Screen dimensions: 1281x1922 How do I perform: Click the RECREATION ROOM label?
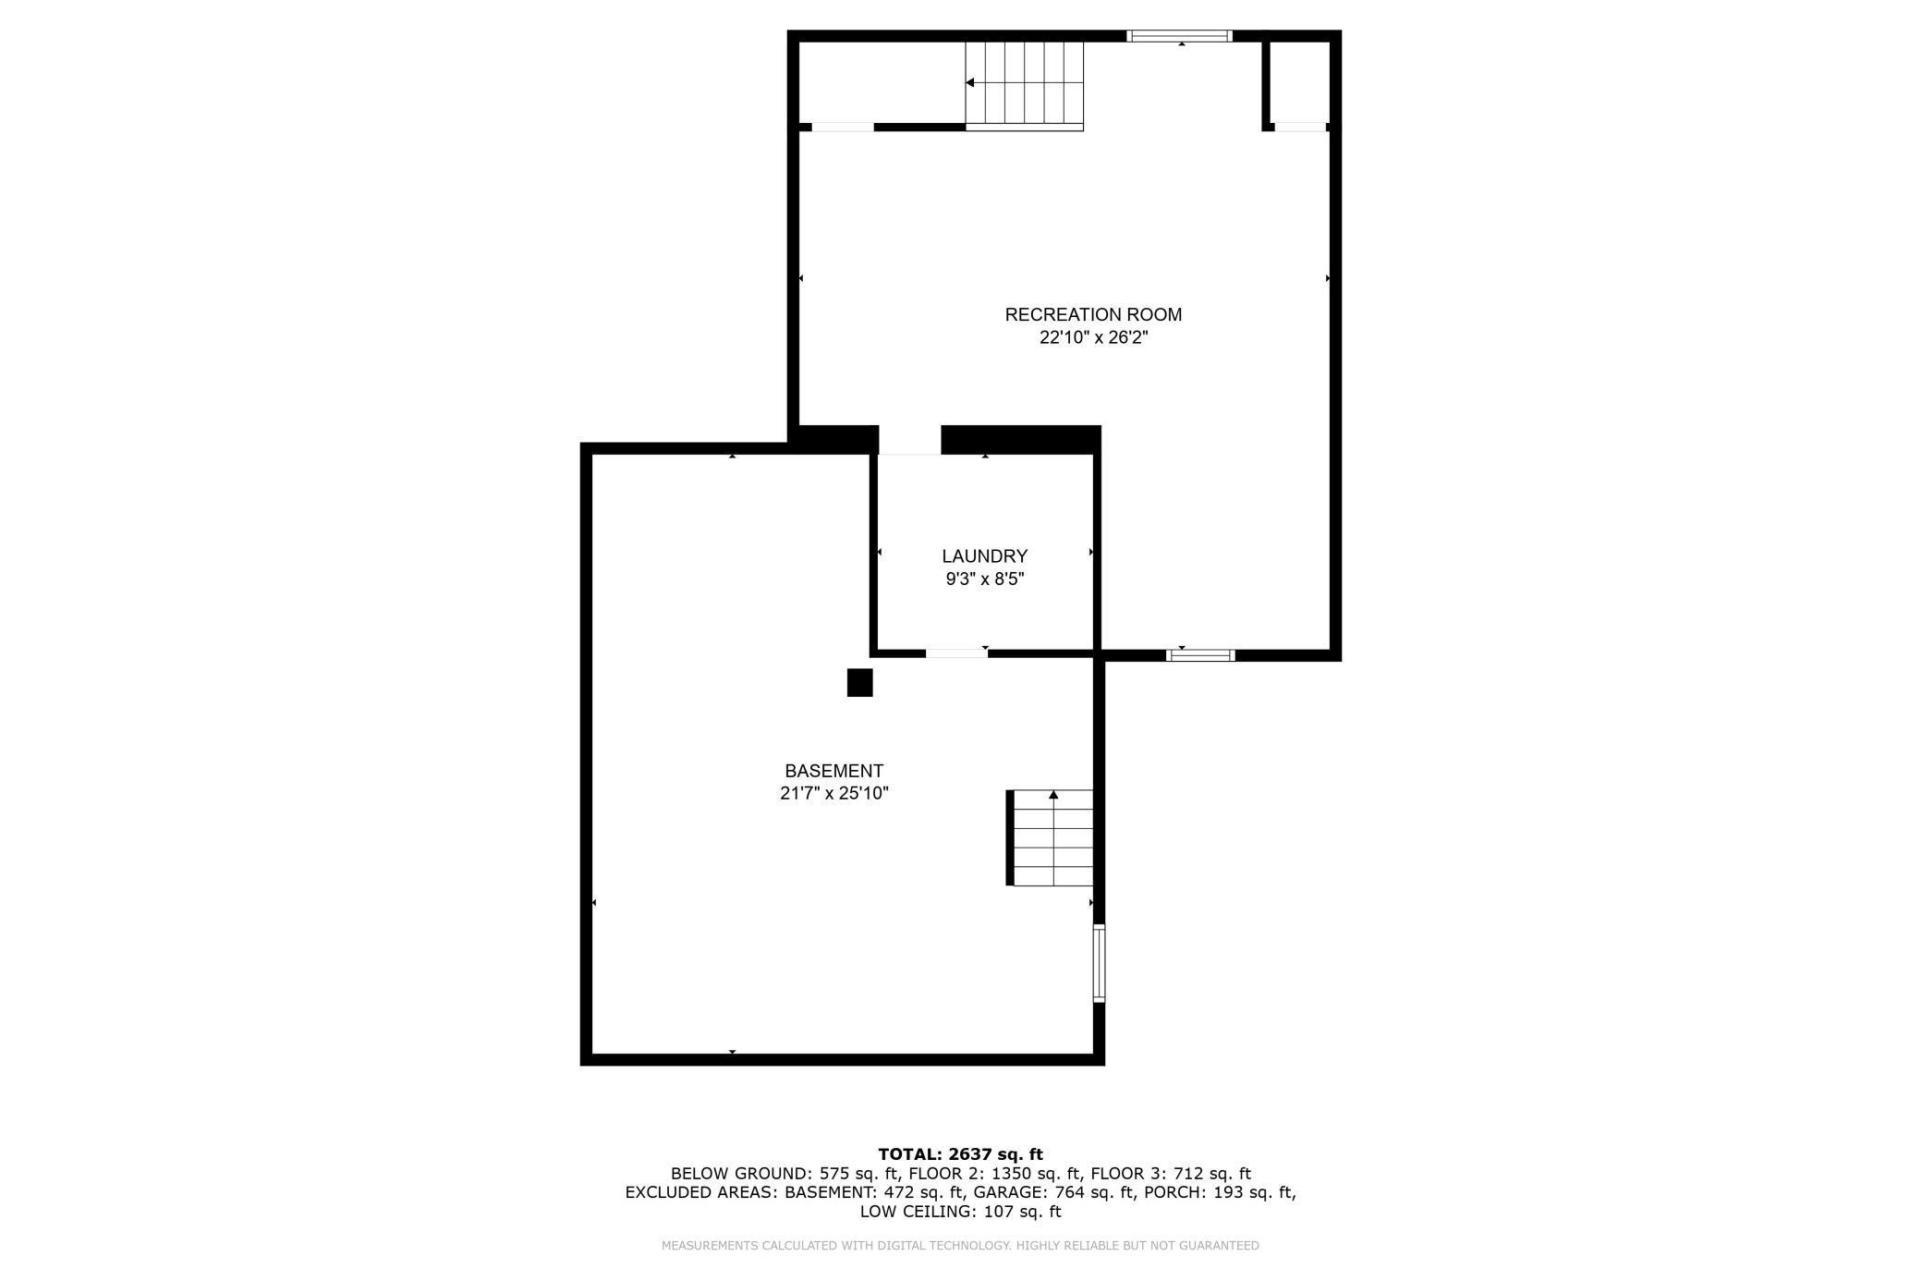coord(1093,315)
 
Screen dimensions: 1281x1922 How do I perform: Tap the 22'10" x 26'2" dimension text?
coord(1093,338)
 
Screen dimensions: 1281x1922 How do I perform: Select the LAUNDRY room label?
coord(984,556)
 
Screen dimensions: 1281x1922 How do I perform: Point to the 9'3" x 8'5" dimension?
coord(984,579)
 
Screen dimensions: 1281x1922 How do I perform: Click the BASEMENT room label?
coord(833,771)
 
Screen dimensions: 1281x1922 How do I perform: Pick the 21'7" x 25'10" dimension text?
coord(833,793)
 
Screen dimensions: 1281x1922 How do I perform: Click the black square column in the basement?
coord(859,683)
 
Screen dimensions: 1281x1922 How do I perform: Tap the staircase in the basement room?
coord(1052,838)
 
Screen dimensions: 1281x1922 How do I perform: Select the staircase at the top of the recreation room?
coord(1024,83)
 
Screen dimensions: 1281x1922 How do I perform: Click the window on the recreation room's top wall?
coord(1179,36)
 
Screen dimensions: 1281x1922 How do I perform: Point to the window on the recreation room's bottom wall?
coord(1200,655)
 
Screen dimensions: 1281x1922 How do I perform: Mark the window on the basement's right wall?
coord(1099,963)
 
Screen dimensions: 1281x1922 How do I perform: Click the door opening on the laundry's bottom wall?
coord(956,653)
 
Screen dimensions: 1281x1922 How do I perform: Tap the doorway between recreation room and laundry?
coord(909,441)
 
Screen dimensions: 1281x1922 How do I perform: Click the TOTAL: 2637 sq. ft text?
coord(960,1153)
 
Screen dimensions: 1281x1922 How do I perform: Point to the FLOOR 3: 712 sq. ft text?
coord(1171,1174)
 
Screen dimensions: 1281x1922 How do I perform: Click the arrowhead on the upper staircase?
coord(970,83)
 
